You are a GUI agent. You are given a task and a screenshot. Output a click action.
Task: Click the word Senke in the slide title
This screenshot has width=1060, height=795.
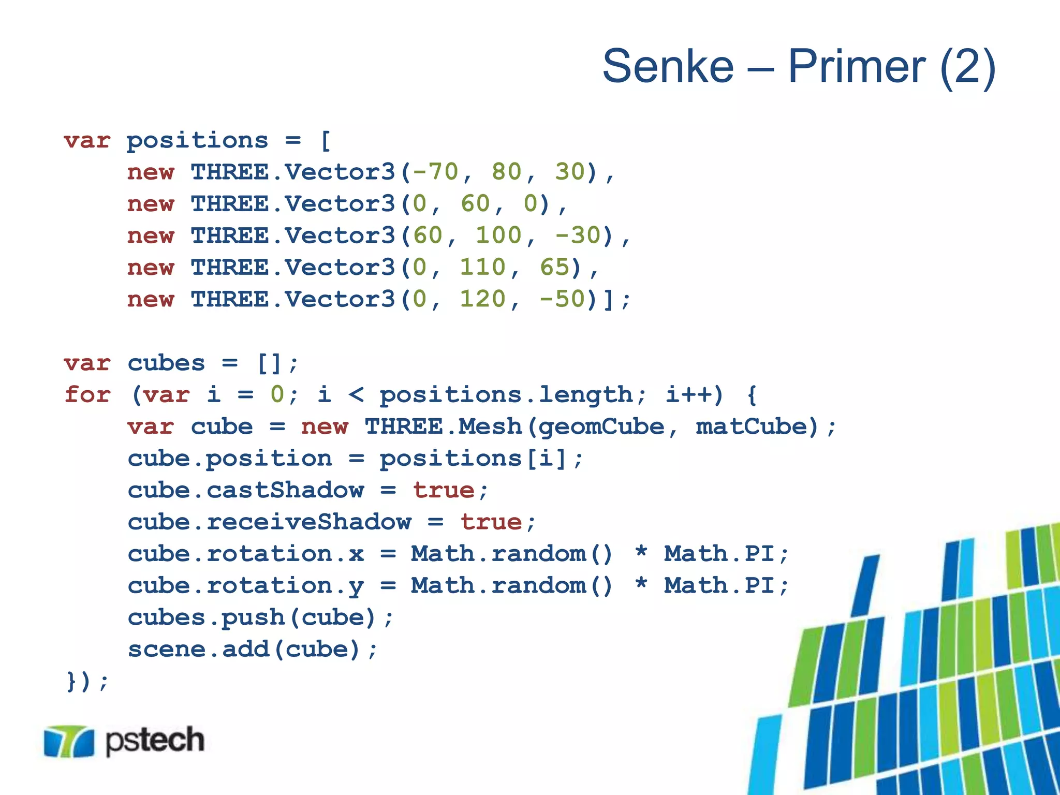tap(668, 66)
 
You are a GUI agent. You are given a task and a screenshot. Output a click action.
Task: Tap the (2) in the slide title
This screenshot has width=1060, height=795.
tap(967, 66)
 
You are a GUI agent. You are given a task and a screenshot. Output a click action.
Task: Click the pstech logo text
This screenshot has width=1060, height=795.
tap(155, 740)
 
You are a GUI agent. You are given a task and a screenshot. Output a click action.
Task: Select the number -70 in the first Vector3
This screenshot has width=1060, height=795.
tap(435, 172)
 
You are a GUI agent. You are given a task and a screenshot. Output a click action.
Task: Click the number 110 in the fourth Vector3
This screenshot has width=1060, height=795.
tap(483, 268)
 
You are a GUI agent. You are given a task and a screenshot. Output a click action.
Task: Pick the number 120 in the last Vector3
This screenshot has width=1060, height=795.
tap(483, 299)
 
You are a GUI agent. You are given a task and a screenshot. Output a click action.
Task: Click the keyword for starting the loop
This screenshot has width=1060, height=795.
tap(87, 394)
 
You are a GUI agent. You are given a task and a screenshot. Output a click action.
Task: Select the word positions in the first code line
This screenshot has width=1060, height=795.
tap(197, 140)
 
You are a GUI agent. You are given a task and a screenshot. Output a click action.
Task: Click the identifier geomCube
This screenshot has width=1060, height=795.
tap(600, 426)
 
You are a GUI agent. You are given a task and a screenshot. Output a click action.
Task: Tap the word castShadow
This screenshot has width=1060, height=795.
tap(285, 490)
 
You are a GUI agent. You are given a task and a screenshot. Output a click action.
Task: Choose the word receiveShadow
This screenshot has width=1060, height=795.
tap(309, 522)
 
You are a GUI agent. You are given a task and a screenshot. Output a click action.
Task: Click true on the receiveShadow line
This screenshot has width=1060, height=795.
tap(491, 522)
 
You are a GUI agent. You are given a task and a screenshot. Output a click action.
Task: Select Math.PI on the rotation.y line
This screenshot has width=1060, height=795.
tap(719, 585)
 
